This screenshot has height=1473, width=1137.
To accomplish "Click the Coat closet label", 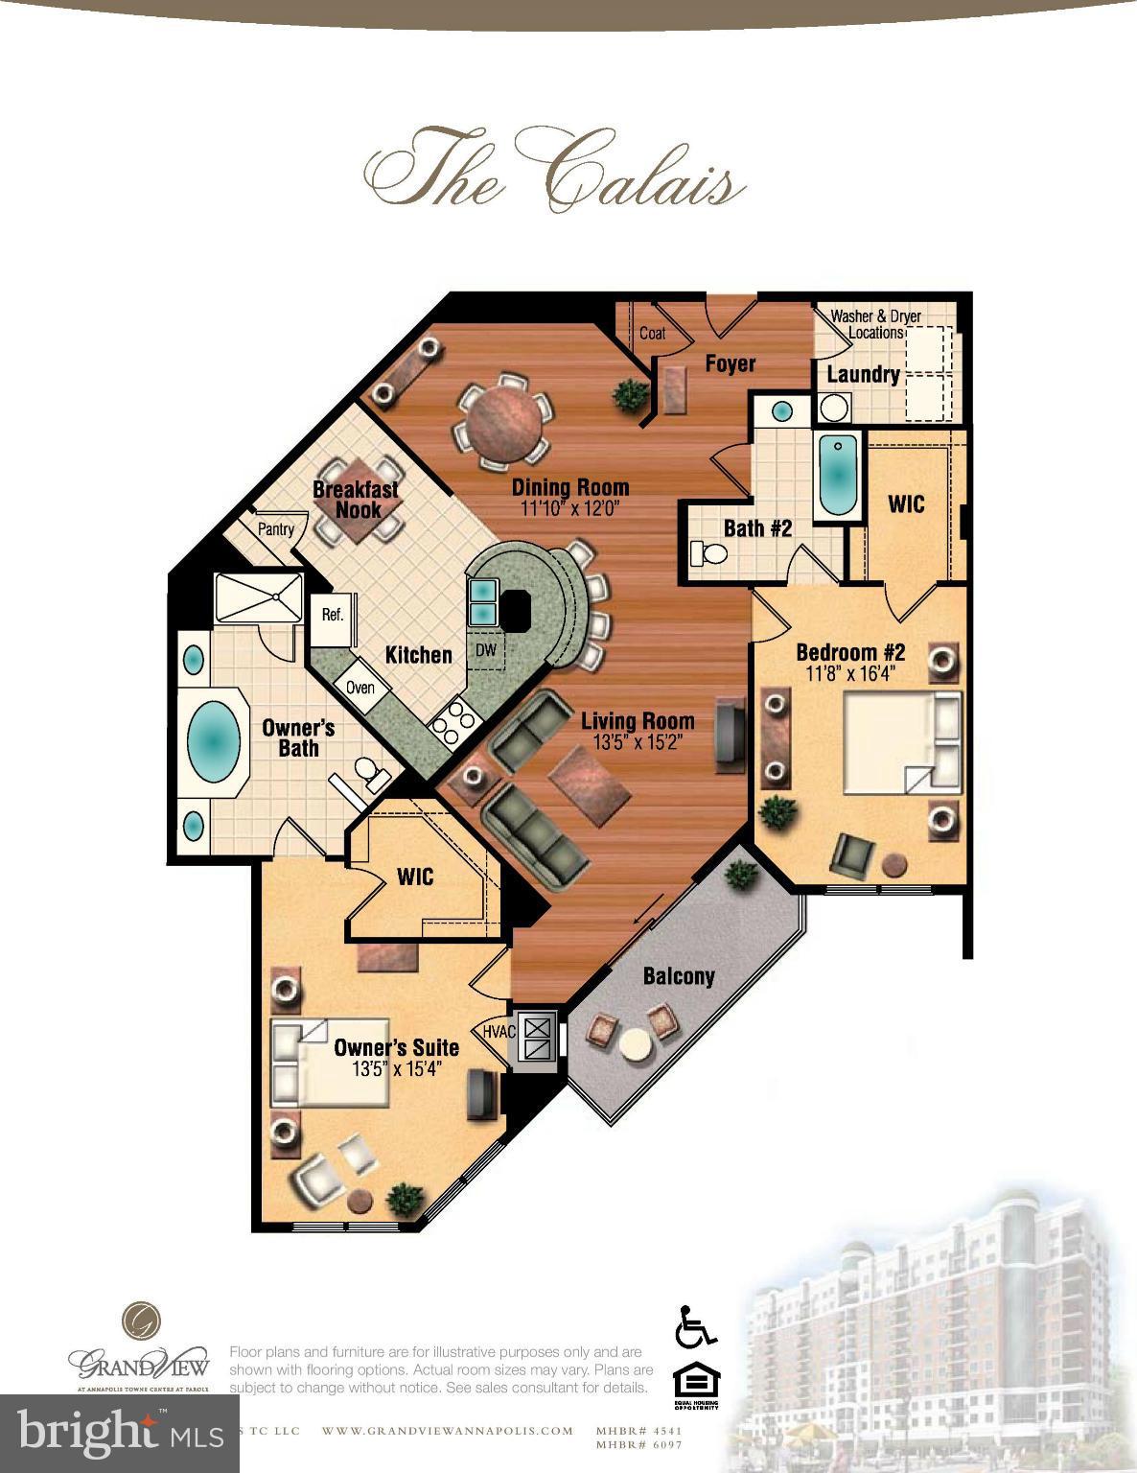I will coord(652,334).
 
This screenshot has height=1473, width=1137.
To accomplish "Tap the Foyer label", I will coord(731,363).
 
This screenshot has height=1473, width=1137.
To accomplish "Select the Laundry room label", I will coord(863,374).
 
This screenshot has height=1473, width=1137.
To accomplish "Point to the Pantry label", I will coord(275,529).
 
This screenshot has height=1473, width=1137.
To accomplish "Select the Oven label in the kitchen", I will coord(360,688).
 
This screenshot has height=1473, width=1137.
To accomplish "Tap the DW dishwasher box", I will coord(486,650).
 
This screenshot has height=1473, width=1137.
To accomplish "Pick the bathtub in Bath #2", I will coord(838,475).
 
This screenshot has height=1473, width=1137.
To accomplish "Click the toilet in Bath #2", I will coord(708,554).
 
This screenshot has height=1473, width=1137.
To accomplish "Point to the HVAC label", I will coord(499,1032).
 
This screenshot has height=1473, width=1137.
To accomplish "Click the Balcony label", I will coord(679,976).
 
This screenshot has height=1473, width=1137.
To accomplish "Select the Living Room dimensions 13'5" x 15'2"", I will coord(637,742).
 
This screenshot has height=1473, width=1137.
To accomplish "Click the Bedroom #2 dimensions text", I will coord(849,674).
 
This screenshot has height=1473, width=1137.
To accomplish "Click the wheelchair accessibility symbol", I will coord(696,1326).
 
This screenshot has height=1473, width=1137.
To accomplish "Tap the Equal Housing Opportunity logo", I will coord(696,1385).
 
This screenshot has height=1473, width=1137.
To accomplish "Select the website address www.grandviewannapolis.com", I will coord(447,1431).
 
